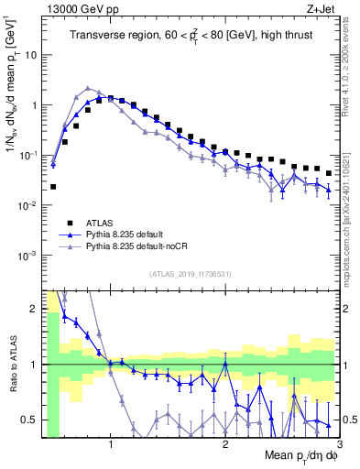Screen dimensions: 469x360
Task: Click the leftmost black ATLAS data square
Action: (53, 187)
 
